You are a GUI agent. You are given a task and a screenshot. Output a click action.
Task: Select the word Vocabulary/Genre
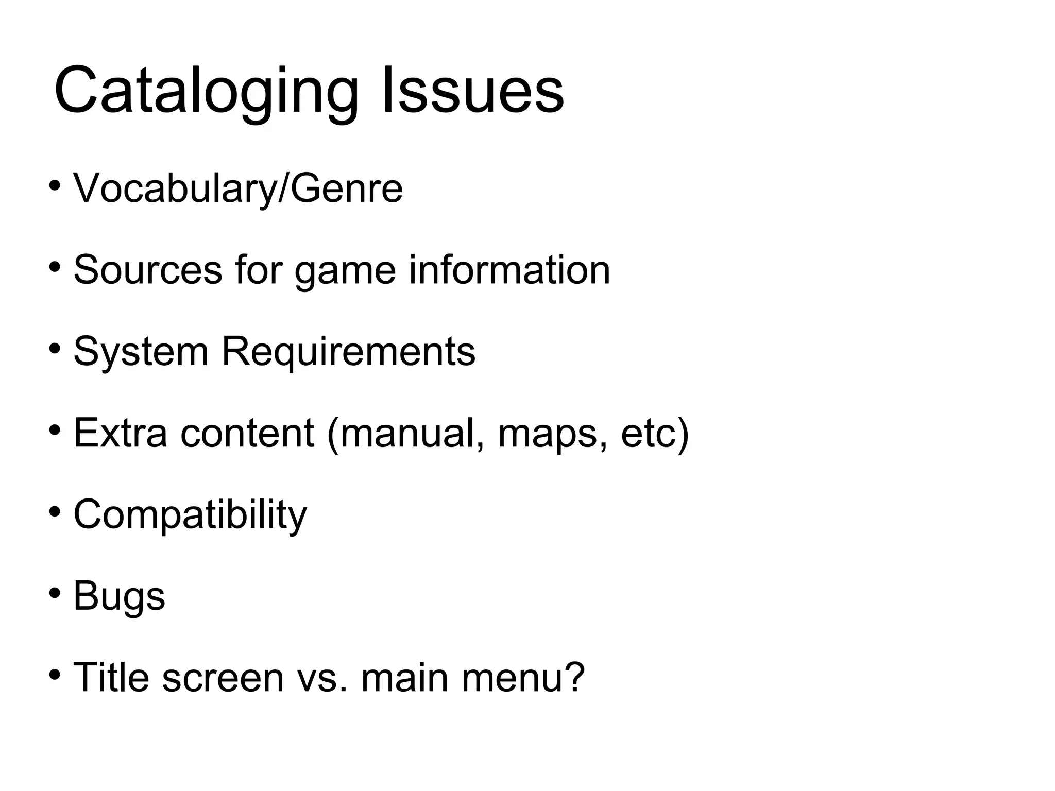click(238, 188)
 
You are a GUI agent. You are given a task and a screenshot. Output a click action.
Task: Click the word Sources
click(148, 270)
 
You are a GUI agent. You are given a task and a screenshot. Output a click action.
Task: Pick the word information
click(509, 270)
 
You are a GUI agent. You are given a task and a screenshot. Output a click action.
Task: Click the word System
click(141, 352)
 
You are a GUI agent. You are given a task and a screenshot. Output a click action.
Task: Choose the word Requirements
click(348, 352)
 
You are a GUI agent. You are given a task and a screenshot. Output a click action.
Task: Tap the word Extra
click(121, 433)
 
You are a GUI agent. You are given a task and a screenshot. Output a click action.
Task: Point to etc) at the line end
click(655, 434)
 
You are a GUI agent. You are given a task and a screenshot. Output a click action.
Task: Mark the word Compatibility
click(190, 515)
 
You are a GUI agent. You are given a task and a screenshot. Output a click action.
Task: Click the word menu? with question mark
click(523, 677)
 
